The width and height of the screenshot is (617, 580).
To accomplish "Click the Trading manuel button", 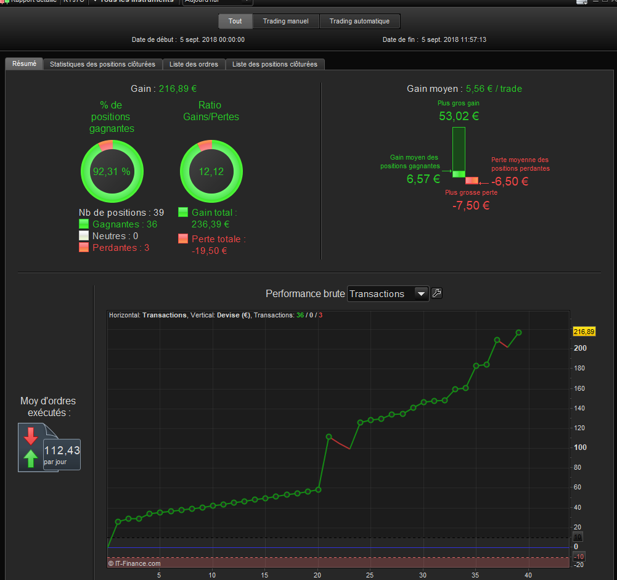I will [286, 22].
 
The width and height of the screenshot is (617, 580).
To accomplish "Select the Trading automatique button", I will [359, 22].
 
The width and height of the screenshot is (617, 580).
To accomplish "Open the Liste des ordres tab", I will [194, 64].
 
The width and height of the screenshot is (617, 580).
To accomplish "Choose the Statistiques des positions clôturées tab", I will [102, 64].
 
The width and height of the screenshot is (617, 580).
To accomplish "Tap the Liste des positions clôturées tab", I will [275, 64].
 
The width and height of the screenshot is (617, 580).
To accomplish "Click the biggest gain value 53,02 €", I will [459, 116].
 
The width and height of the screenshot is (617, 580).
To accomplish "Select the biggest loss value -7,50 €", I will [471, 205].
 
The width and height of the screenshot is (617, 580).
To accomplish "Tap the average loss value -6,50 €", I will [510, 182].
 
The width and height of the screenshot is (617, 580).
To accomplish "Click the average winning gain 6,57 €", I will [423, 179].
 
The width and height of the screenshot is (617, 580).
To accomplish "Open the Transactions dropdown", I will [388, 294].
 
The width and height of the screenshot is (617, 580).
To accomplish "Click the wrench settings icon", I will [436, 293].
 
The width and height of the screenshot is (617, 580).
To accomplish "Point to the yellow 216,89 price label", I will [584, 332].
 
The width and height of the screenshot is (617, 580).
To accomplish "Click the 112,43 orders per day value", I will [62, 451].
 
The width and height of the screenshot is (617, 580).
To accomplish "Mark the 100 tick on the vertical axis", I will [579, 447].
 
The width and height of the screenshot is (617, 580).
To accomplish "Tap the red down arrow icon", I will [31, 436].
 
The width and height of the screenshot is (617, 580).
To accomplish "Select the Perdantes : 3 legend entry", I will [121, 248].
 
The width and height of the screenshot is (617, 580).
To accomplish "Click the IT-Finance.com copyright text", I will [134, 563].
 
